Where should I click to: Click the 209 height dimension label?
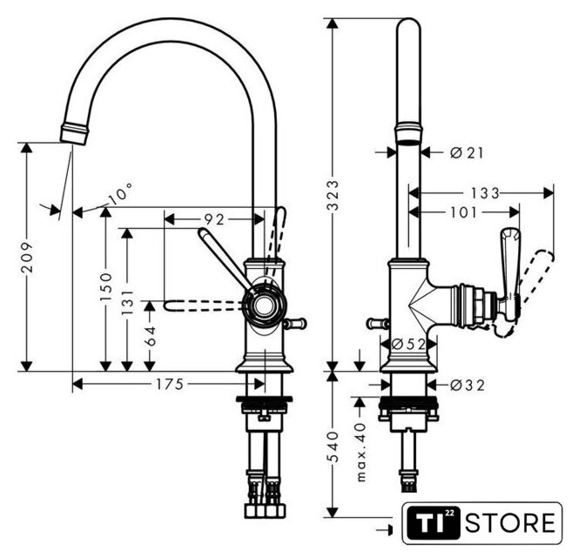[x=27, y=257]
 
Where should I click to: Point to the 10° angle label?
[x=120, y=193]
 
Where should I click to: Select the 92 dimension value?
[x=214, y=219]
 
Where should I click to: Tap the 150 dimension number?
[x=105, y=286]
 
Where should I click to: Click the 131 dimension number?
[x=127, y=303]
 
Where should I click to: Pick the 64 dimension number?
[x=150, y=336]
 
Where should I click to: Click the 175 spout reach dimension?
[x=170, y=384]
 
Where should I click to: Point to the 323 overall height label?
[x=333, y=196]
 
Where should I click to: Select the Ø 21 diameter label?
[x=467, y=153]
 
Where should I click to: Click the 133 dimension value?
[x=485, y=193]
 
